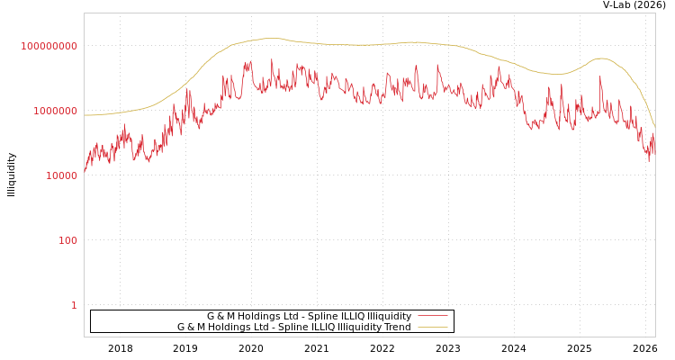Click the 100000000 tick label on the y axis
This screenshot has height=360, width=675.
49,46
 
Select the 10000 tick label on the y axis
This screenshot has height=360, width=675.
61,175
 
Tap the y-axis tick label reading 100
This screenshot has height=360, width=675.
68,240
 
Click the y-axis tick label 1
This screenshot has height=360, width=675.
74,305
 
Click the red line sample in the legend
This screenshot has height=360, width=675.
432,316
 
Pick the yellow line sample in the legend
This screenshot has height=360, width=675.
432,327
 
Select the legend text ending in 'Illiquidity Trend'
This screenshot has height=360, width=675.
293,327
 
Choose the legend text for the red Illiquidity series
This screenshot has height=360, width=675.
309,316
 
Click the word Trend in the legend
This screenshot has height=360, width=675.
397,327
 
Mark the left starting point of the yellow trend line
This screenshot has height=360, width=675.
85,115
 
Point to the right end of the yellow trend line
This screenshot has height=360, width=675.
654,125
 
